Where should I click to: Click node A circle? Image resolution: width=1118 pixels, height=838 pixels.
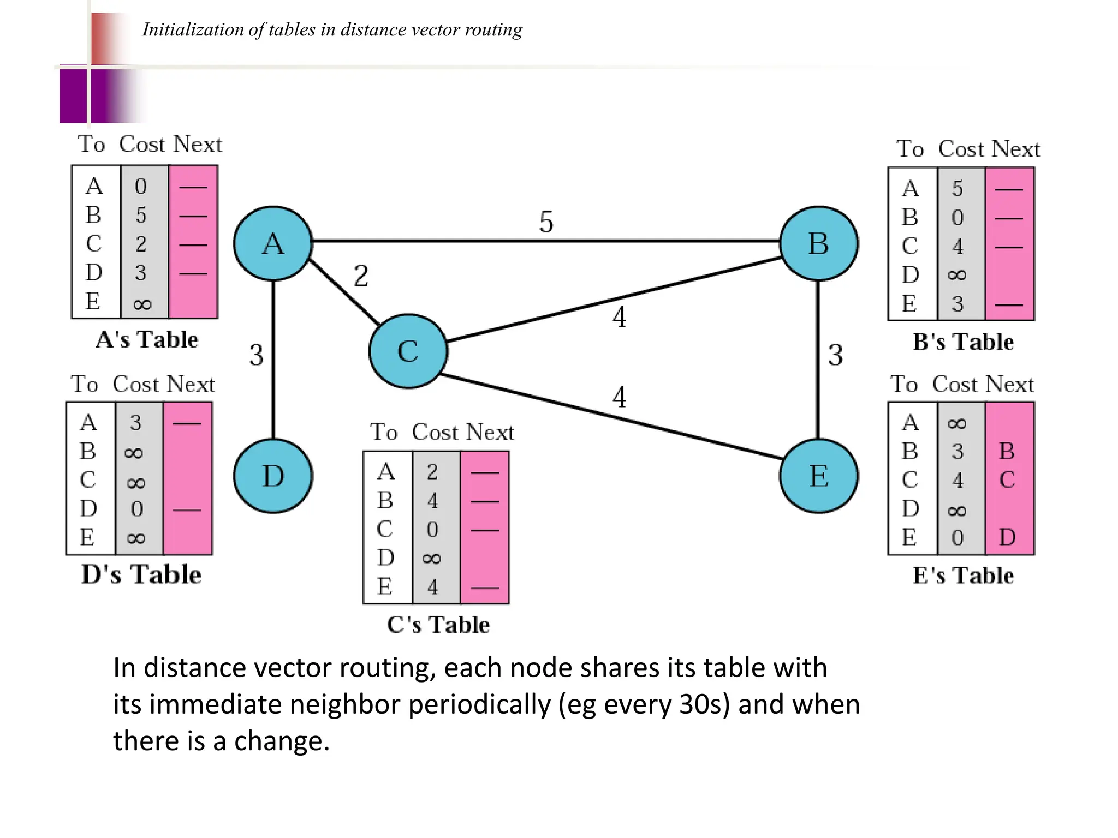click(273, 243)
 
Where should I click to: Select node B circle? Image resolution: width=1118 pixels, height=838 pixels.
click(818, 243)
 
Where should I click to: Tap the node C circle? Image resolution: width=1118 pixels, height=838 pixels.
click(408, 351)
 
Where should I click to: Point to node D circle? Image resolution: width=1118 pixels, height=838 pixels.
click(273, 476)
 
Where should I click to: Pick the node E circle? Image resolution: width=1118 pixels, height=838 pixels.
click(818, 476)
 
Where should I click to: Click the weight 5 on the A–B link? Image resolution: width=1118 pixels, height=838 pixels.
click(546, 222)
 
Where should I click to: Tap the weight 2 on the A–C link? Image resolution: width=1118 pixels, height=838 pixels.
click(361, 276)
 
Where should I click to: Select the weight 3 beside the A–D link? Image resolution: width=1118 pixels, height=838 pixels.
click(257, 355)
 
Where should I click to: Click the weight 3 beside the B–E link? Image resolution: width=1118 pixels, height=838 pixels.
click(835, 355)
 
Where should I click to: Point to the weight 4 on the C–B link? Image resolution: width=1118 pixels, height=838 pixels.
click(619, 317)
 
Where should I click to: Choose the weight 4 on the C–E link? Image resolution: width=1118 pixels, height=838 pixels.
click(619, 397)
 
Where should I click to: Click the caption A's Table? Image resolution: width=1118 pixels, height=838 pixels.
click(147, 339)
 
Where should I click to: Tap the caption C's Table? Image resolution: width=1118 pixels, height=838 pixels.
click(438, 625)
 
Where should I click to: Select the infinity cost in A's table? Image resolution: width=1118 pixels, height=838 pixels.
click(142, 304)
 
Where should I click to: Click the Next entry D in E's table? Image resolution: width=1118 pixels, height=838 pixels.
click(1007, 537)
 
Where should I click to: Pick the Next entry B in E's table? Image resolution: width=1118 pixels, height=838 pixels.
click(1007, 451)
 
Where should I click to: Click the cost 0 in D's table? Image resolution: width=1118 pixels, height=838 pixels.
click(137, 509)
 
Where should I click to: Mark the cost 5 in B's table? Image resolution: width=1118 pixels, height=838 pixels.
click(958, 189)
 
